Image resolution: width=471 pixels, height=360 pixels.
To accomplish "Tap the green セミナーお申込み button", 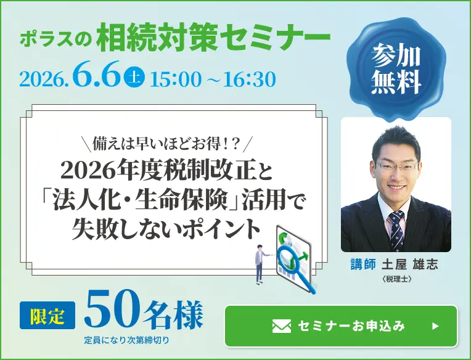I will tap(341, 326).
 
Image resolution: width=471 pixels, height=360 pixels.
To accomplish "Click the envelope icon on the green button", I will tap(281, 326).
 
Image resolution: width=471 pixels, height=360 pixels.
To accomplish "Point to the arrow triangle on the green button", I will tap(435, 326).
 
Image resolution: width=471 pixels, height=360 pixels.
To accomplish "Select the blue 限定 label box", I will tap(48, 314).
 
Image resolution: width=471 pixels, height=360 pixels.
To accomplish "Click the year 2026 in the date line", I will tap(43, 80).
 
